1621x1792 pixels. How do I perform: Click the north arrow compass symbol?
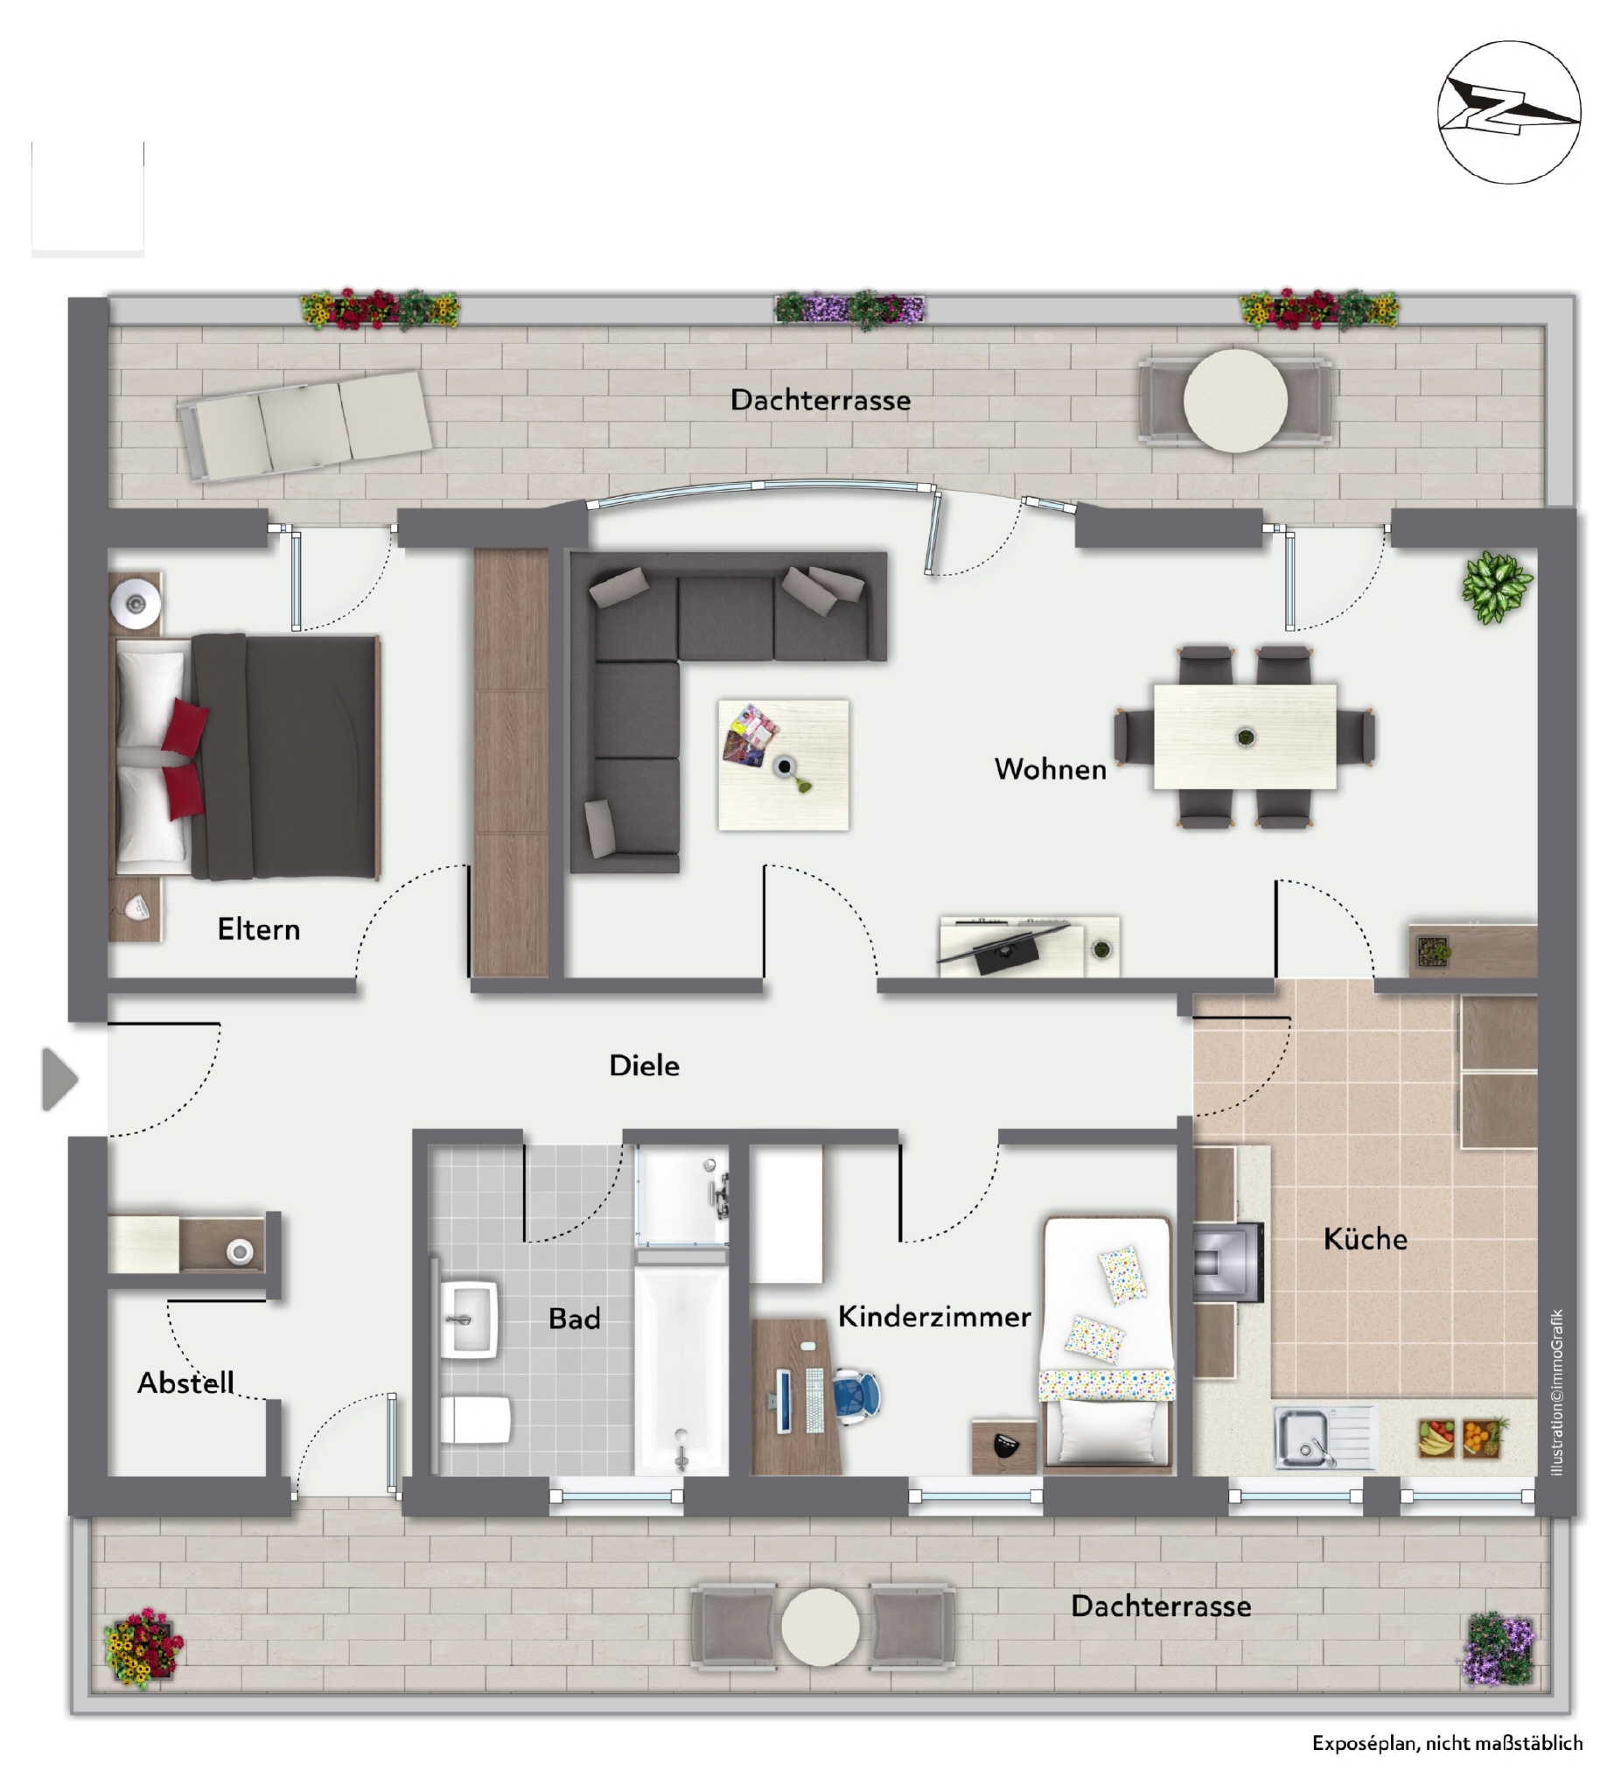point(1508,112)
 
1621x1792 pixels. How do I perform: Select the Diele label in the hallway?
point(645,1066)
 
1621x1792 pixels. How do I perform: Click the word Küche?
point(1365,1238)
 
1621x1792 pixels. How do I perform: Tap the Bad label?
point(574,1319)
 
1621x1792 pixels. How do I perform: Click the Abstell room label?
point(185,1382)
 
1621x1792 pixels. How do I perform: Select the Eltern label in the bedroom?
point(259,930)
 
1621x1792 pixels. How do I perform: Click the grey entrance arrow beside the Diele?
point(59,1080)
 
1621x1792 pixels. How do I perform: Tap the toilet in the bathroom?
point(476,1418)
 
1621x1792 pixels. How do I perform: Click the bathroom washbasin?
point(469,1319)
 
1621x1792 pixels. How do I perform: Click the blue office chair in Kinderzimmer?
point(855,1394)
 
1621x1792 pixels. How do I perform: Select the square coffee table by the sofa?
point(783,766)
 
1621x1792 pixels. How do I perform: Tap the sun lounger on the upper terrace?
point(304,426)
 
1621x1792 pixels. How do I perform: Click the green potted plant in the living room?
point(1497,585)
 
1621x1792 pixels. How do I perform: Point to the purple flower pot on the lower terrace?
point(1499,1649)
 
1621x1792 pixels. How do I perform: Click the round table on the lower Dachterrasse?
point(821,1627)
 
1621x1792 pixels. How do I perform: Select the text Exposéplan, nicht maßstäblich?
point(1447,1743)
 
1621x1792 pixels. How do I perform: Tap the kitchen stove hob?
point(1226,1262)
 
